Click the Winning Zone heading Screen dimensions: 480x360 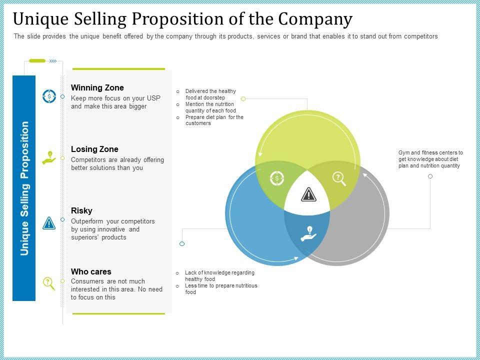[x=97, y=88]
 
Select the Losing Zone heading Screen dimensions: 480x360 [x=94, y=149]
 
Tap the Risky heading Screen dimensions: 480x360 [x=81, y=210]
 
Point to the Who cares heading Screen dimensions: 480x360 [x=91, y=272]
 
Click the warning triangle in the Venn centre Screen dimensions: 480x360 [x=309, y=194]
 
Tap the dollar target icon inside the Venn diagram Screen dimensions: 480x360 [x=276, y=177]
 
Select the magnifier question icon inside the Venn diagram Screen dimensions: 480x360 [x=339, y=178]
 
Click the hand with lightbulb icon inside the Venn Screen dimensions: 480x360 [x=308, y=233]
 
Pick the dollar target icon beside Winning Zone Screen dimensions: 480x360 [x=49, y=96]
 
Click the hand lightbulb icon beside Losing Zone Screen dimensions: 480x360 [x=49, y=158]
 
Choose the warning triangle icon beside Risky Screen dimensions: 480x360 [x=49, y=223]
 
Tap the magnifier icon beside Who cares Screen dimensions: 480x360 [x=49, y=283]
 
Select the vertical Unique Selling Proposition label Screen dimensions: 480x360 [x=24, y=188]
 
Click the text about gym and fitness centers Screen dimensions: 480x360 [x=430, y=159]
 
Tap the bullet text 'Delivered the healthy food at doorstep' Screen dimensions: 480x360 [x=210, y=94]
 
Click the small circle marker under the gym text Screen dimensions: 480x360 [x=430, y=176]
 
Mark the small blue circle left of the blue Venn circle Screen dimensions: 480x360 [x=182, y=244]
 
